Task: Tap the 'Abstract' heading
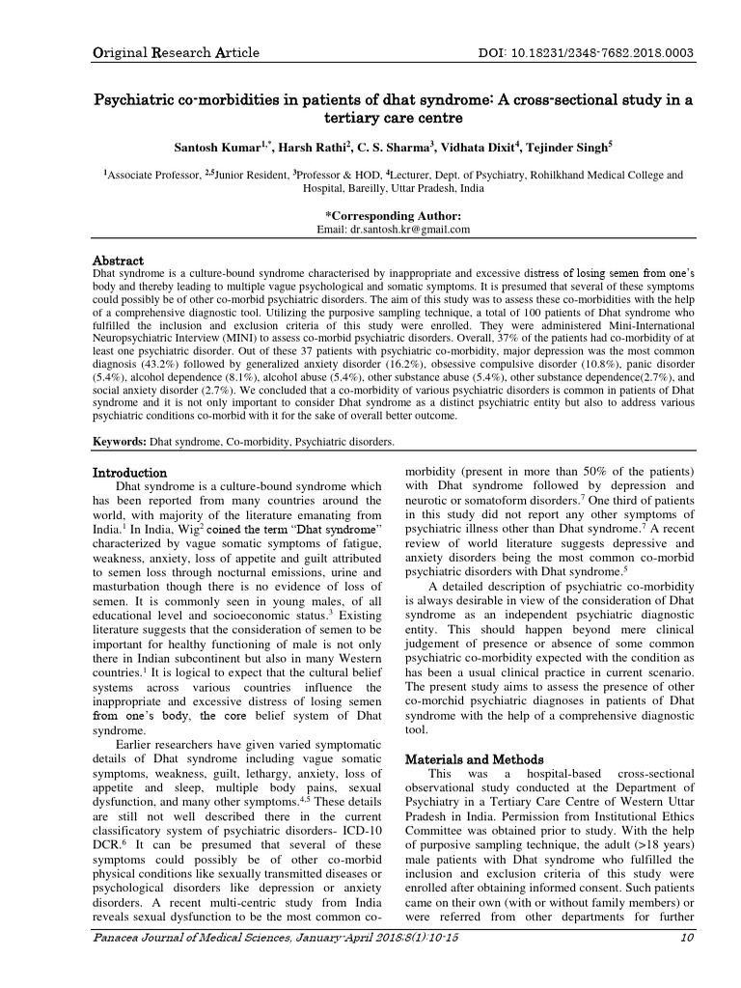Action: (x=118, y=261)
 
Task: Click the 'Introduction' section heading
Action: (x=129, y=473)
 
